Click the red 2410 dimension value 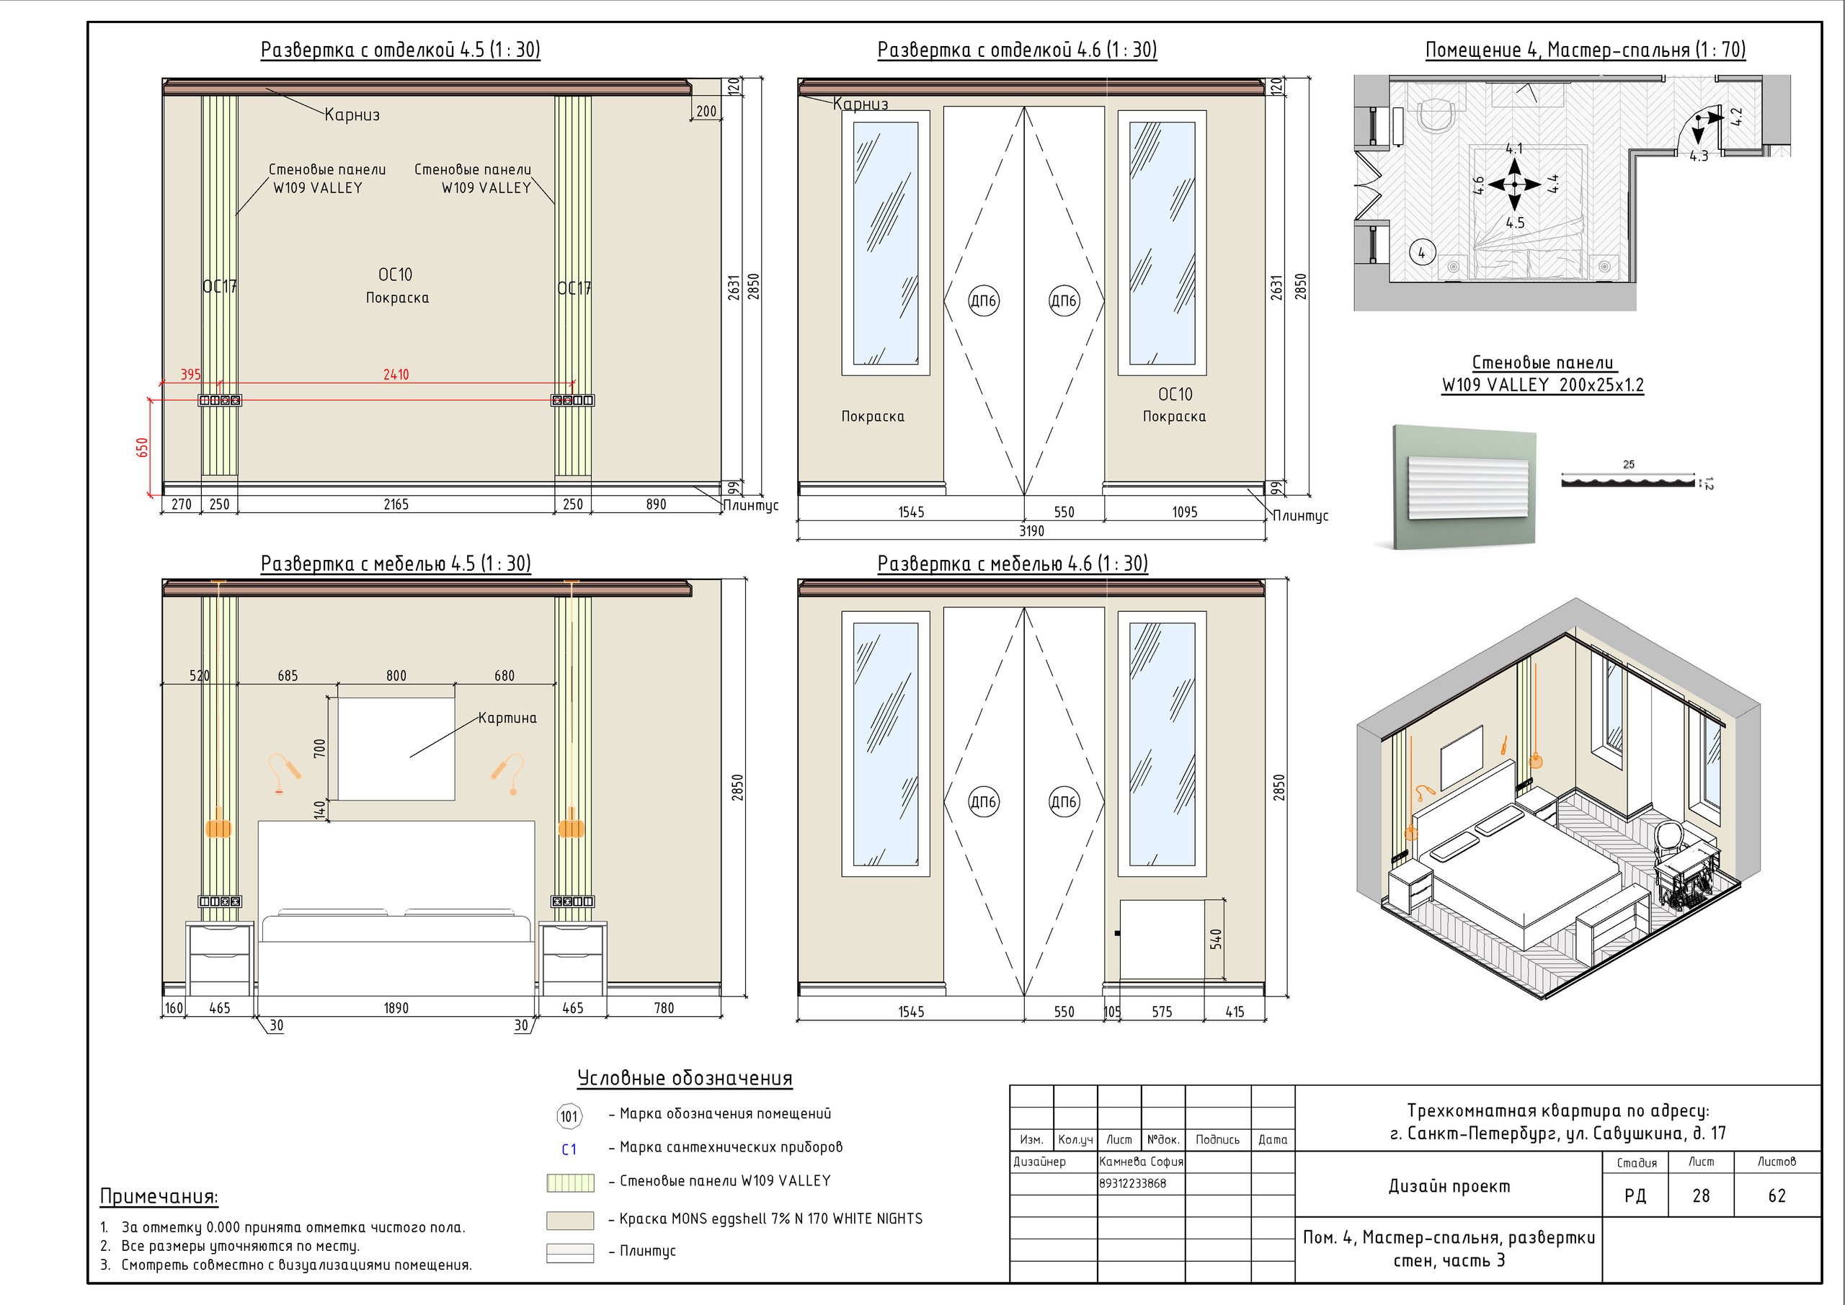(396, 375)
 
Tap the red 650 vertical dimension (142, 447)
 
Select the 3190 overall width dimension (1032, 530)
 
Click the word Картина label (507, 718)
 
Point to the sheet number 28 (1700, 1195)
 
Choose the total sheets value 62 (1777, 1195)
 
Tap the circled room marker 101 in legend (569, 1115)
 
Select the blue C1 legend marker (569, 1149)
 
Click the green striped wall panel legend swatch (570, 1182)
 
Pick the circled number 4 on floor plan (1421, 253)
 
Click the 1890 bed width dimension (396, 1007)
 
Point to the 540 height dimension (1216, 938)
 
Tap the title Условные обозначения (685, 1077)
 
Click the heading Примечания (159, 1195)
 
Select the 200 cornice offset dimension (706, 111)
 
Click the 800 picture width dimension (396, 676)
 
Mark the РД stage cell (1635, 1195)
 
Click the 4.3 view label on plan (1699, 156)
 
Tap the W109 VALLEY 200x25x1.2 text (1543, 385)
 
